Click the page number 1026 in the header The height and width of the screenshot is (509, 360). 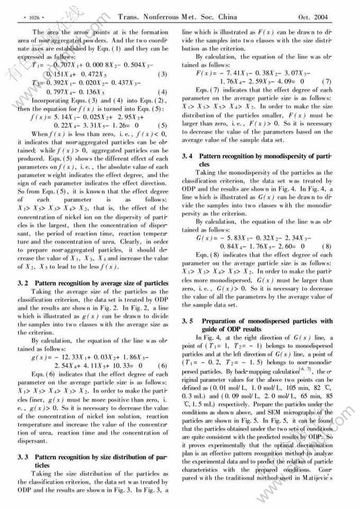[32, 16]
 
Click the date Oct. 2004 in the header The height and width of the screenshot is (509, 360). [313, 16]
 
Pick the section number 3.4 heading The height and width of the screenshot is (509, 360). [187, 157]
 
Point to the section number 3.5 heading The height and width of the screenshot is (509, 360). [187, 322]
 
